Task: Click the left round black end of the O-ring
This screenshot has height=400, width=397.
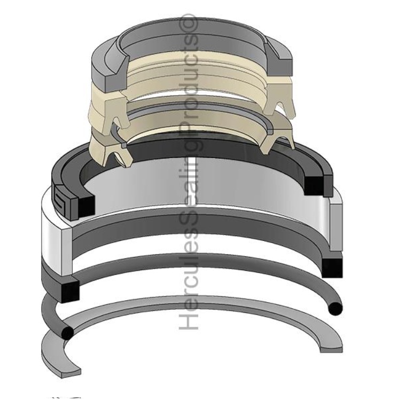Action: tap(67, 333)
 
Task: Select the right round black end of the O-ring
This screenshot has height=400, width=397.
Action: tap(335, 309)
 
